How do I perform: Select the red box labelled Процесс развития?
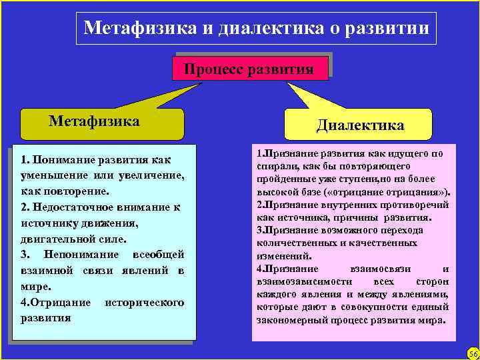click(x=249, y=68)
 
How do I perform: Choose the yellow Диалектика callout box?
click(x=360, y=125)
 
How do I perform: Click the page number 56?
click(x=473, y=353)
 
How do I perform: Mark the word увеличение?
click(x=151, y=175)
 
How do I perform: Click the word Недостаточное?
click(x=80, y=207)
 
